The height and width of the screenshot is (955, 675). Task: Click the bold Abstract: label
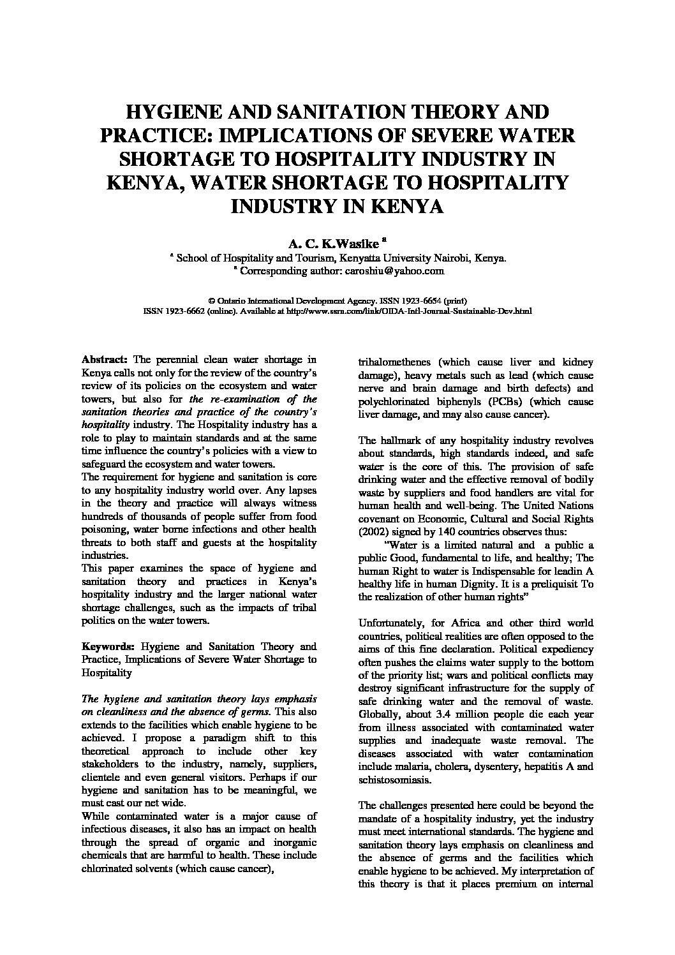[x=105, y=360]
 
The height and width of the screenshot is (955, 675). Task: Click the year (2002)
[x=374, y=532]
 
